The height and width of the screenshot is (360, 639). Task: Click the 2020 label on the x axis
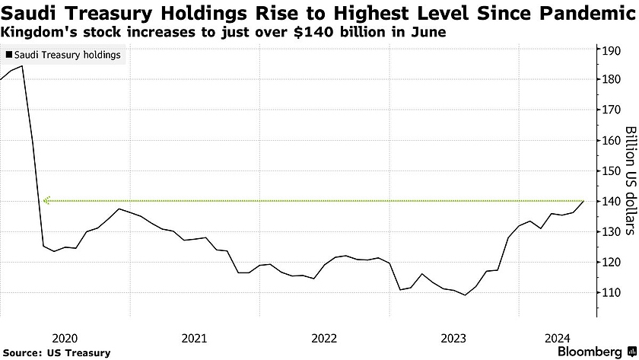pyautogui.click(x=65, y=337)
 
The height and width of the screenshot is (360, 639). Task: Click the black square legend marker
pyautogui.click(x=8, y=55)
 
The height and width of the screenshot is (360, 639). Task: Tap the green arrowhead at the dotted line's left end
pyautogui.click(x=47, y=202)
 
